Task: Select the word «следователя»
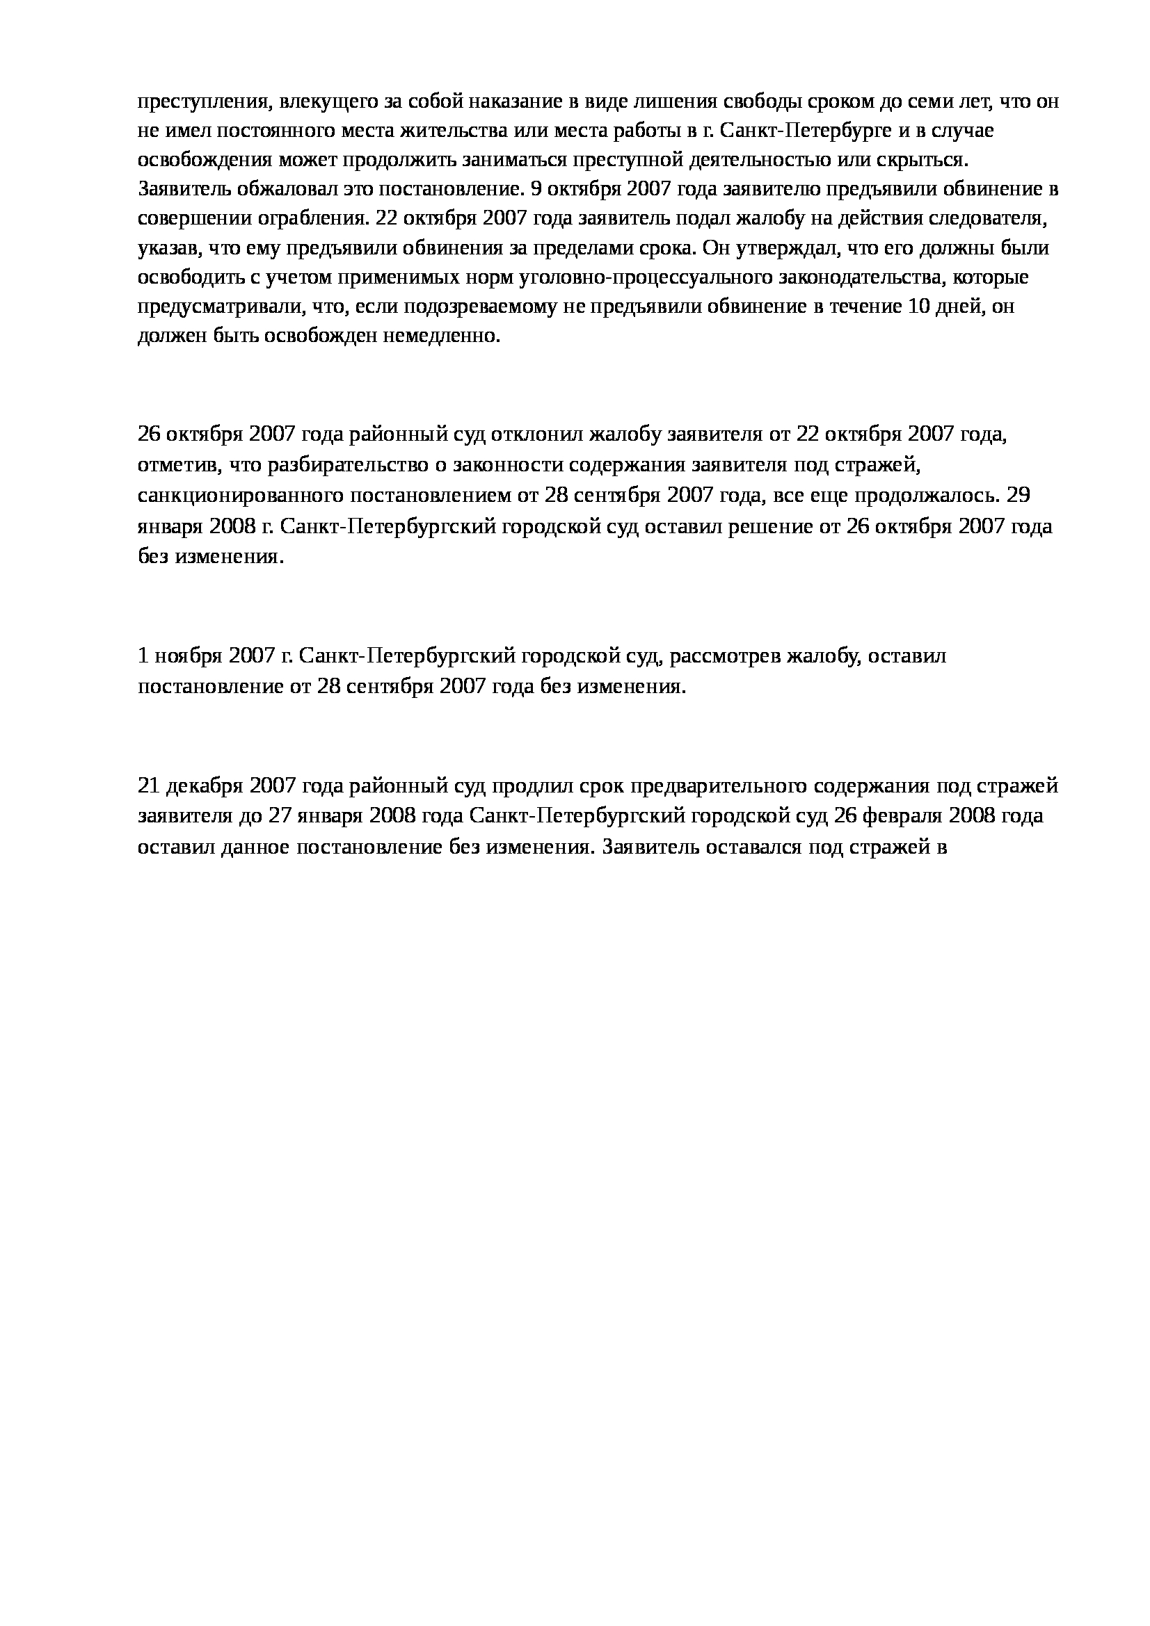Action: click(x=992, y=219)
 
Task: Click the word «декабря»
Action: click(x=204, y=786)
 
